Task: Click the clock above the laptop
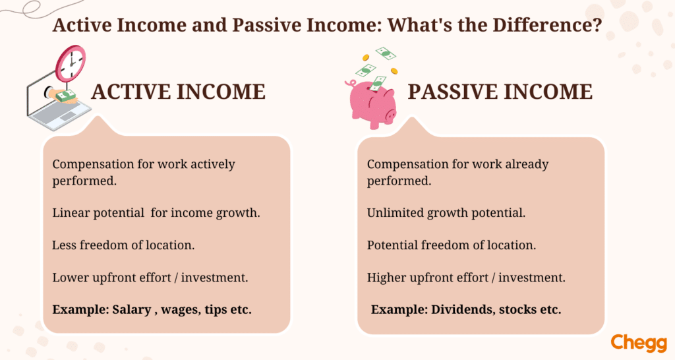click(x=70, y=63)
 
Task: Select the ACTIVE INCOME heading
click(x=178, y=92)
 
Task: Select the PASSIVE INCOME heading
click(x=500, y=92)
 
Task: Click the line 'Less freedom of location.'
click(x=123, y=245)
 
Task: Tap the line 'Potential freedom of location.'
click(x=452, y=245)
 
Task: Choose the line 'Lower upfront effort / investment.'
click(x=150, y=278)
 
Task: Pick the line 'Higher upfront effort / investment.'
click(x=466, y=278)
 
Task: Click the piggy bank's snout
click(x=391, y=115)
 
